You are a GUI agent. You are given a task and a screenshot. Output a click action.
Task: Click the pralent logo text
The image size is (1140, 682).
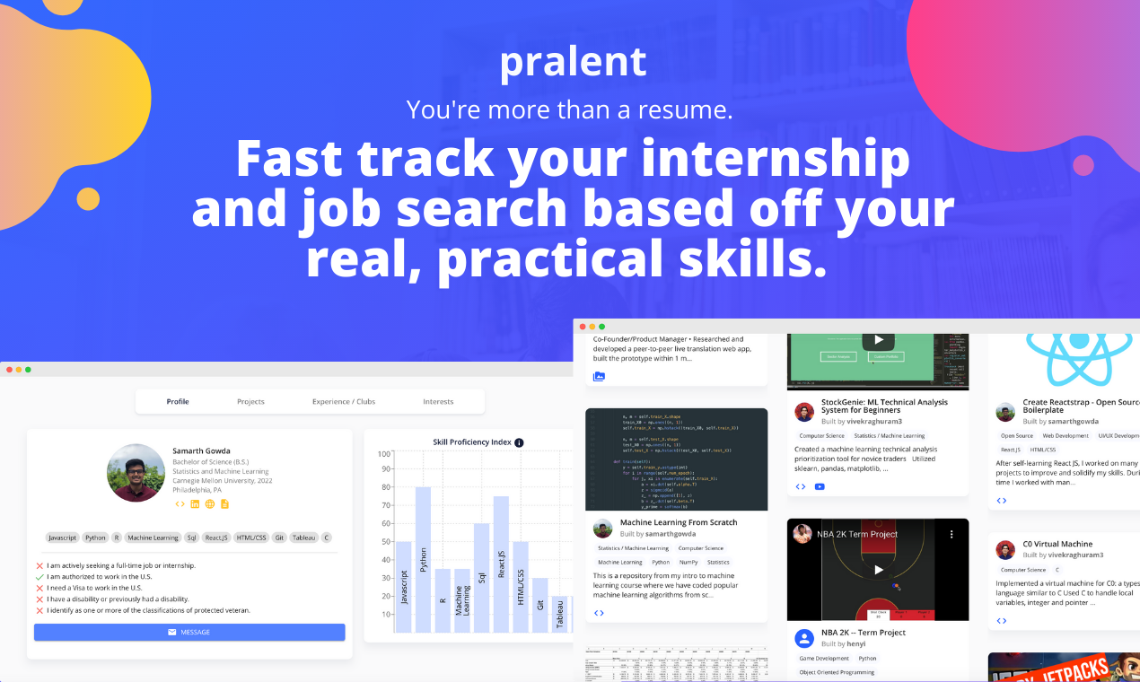tap(573, 62)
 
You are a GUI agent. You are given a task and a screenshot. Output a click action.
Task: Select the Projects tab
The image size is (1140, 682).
tap(250, 402)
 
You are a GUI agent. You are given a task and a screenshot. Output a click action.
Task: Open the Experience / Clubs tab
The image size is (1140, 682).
tap(344, 402)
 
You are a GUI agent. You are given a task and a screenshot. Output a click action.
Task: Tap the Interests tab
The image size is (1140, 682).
tap(438, 402)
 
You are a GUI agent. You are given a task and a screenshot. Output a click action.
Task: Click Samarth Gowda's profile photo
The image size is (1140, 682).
tap(136, 472)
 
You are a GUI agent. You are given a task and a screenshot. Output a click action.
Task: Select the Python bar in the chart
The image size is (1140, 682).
tap(423, 559)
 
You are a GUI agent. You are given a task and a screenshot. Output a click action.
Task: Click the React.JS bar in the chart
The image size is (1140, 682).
tap(501, 564)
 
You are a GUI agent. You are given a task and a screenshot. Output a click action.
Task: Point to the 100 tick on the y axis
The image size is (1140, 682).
tap(384, 454)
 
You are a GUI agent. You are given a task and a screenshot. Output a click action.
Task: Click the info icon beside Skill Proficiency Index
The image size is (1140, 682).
tap(519, 442)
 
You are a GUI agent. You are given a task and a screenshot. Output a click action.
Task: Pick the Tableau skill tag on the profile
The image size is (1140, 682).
tap(303, 538)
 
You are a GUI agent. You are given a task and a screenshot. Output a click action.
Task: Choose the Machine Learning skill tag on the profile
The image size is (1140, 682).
tap(153, 538)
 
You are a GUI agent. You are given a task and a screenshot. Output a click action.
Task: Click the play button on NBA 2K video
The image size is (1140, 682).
tap(878, 569)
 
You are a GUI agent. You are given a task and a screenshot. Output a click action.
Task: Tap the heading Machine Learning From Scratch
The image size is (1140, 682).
tap(678, 522)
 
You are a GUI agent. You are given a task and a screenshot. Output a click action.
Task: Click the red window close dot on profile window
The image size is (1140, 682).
tap(9, 370)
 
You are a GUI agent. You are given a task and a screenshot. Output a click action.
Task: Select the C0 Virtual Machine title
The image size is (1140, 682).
tap(1057, 544)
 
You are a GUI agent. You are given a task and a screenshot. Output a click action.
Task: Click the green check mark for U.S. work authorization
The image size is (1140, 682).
tap(39, 577)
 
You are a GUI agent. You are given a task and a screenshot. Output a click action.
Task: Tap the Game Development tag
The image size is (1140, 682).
tap(824, 659)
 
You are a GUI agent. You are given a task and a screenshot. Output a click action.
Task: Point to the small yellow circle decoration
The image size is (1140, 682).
tap(88, 198)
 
